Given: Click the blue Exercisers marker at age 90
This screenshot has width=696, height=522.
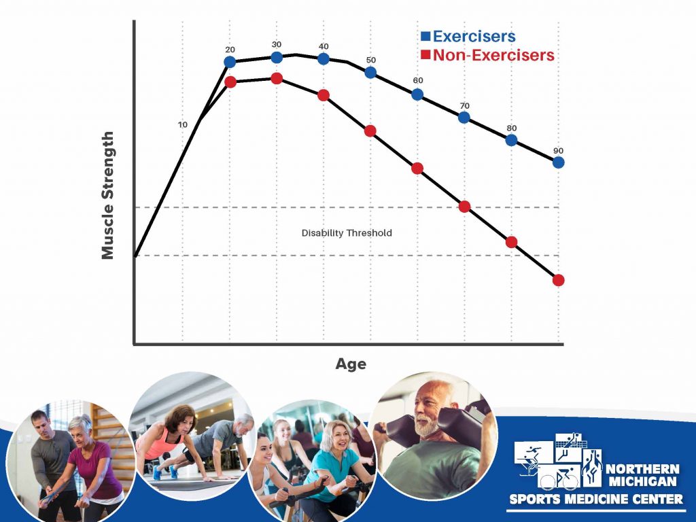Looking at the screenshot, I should (x=559, y=162).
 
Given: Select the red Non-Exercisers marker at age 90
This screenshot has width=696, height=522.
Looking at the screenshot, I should (x=559, y=280).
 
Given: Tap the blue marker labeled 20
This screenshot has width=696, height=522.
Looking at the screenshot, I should (x=230, y=62).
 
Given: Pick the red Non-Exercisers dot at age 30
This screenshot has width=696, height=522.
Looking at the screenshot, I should (x=277, y=79).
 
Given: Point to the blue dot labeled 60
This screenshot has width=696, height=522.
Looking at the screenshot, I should (x=417, y=94).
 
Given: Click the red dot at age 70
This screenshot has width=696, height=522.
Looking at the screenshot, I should (x=465, y=207).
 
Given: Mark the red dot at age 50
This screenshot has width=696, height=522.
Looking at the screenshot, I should (x=370, y=130).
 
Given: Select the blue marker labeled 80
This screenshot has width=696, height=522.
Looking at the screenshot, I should (x=512, y=140).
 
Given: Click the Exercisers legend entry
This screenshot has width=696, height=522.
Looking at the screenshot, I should (x=468, y=36).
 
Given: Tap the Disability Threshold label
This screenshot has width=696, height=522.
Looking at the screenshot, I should (x=347, y=233).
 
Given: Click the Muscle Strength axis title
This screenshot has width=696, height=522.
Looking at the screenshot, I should (x=107, y=196).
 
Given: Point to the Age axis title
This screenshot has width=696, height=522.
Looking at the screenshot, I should (x=351, y=364).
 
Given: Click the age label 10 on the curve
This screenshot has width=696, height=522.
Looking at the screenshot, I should (x=182, y=125).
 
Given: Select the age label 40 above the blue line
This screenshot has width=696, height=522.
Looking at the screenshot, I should (x=324, y=46).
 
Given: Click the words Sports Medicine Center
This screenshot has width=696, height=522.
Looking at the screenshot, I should (x=596, y=500).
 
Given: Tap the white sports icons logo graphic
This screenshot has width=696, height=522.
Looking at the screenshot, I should (x=557, y=462).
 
